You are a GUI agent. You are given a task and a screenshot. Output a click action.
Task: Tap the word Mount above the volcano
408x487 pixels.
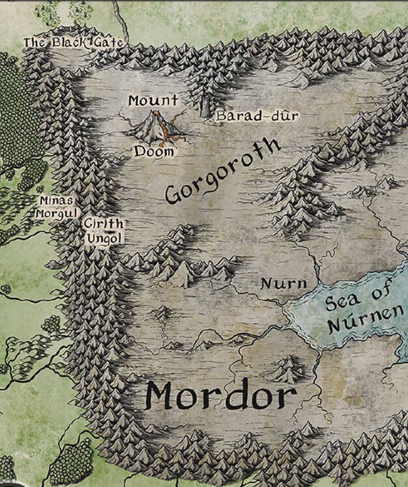tap(153, 100)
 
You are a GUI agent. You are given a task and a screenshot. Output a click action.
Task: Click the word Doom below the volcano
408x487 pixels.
tap(154, 151)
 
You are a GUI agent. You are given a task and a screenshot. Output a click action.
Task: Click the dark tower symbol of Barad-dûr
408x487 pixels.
tap(205, 107)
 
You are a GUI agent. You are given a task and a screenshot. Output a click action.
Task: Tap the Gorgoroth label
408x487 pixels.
tap(222, 170)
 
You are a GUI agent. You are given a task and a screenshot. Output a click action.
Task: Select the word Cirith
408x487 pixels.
tap(103, 224)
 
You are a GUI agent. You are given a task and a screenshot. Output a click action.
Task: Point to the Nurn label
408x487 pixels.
tap(283, 284)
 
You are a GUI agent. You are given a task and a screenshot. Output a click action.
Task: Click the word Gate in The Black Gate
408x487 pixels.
tap(108, 42)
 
